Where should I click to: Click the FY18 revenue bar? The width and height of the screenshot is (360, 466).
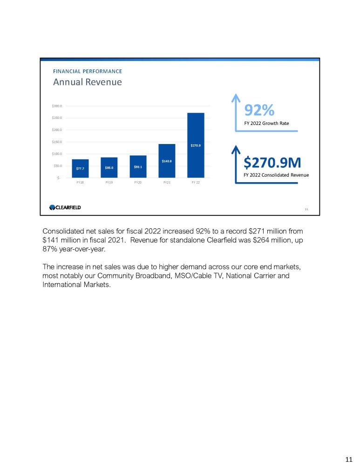point(80,168)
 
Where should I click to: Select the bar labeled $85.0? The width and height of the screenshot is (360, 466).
point(109,167)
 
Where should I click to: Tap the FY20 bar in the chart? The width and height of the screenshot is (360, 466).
point(138,166)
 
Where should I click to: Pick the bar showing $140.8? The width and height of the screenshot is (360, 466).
point(167,161)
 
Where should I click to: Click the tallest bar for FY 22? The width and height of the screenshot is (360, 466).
point(196,145)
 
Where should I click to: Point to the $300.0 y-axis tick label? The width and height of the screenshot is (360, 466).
point(57,106)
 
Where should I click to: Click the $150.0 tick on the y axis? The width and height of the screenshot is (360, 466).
point(57,142)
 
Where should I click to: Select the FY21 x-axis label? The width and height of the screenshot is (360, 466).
point(167,183)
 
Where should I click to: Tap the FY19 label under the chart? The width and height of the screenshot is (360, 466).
point(109,183)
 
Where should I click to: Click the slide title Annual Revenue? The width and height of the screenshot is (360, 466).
point(87,82)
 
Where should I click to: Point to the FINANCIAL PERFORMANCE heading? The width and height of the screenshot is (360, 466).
point(88,71)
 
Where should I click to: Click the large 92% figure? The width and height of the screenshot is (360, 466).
point(259,110)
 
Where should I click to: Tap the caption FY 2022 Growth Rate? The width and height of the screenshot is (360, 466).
point(267,123)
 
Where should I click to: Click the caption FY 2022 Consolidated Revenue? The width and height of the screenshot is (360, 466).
point(277,175)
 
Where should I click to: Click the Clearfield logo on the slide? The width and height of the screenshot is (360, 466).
point(65,207)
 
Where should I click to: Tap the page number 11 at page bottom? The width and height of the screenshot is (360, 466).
point(348,459)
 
